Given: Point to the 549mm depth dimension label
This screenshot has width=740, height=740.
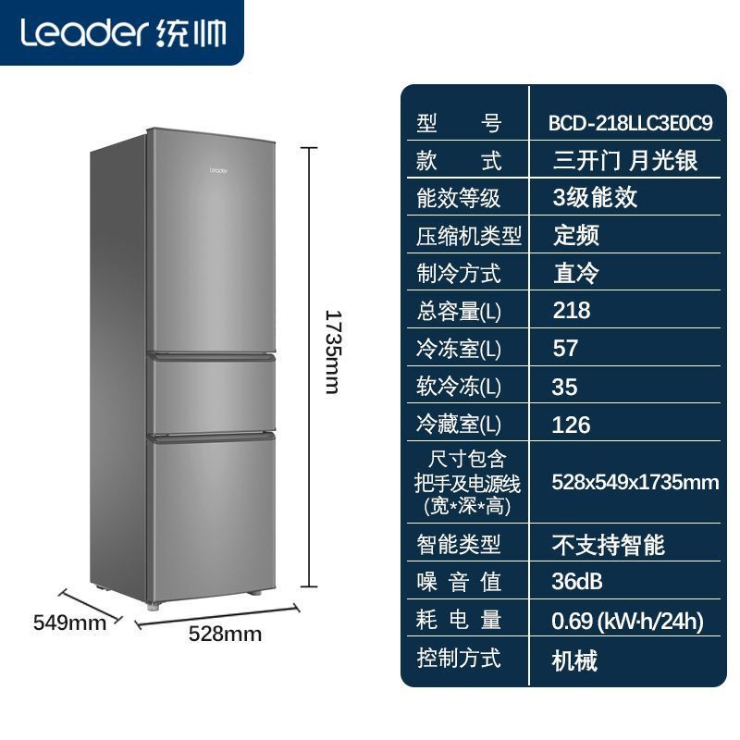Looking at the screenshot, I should [x=69, y=623].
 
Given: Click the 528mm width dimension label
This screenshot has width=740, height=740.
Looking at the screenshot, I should [x=225, y=634].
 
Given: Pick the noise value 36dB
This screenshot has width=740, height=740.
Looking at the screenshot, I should [x=577, y=581].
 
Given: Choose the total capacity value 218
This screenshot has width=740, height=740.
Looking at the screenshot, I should [x=571, y=310].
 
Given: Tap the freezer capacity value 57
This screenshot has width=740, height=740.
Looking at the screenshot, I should [x=565, y=348].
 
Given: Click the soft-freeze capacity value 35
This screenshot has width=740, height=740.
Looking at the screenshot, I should [x=565, y=387].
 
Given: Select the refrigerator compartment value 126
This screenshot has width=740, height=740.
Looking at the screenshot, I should [x=571, y=425].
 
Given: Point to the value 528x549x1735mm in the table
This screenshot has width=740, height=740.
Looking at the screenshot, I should [x=635, y=482].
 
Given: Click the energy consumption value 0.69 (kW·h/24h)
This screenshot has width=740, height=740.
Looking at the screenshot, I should [x=627, y=621].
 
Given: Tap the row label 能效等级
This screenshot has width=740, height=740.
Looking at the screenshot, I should [x=458, y=197].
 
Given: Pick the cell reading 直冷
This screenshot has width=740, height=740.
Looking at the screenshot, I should [x=575, y=273].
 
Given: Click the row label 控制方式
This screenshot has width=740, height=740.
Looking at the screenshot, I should [x=458, y=659].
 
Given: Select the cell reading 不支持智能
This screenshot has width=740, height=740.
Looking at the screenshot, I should [x=608, y=544].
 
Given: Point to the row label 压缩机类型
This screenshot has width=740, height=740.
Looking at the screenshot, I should [x=469, y=235].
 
